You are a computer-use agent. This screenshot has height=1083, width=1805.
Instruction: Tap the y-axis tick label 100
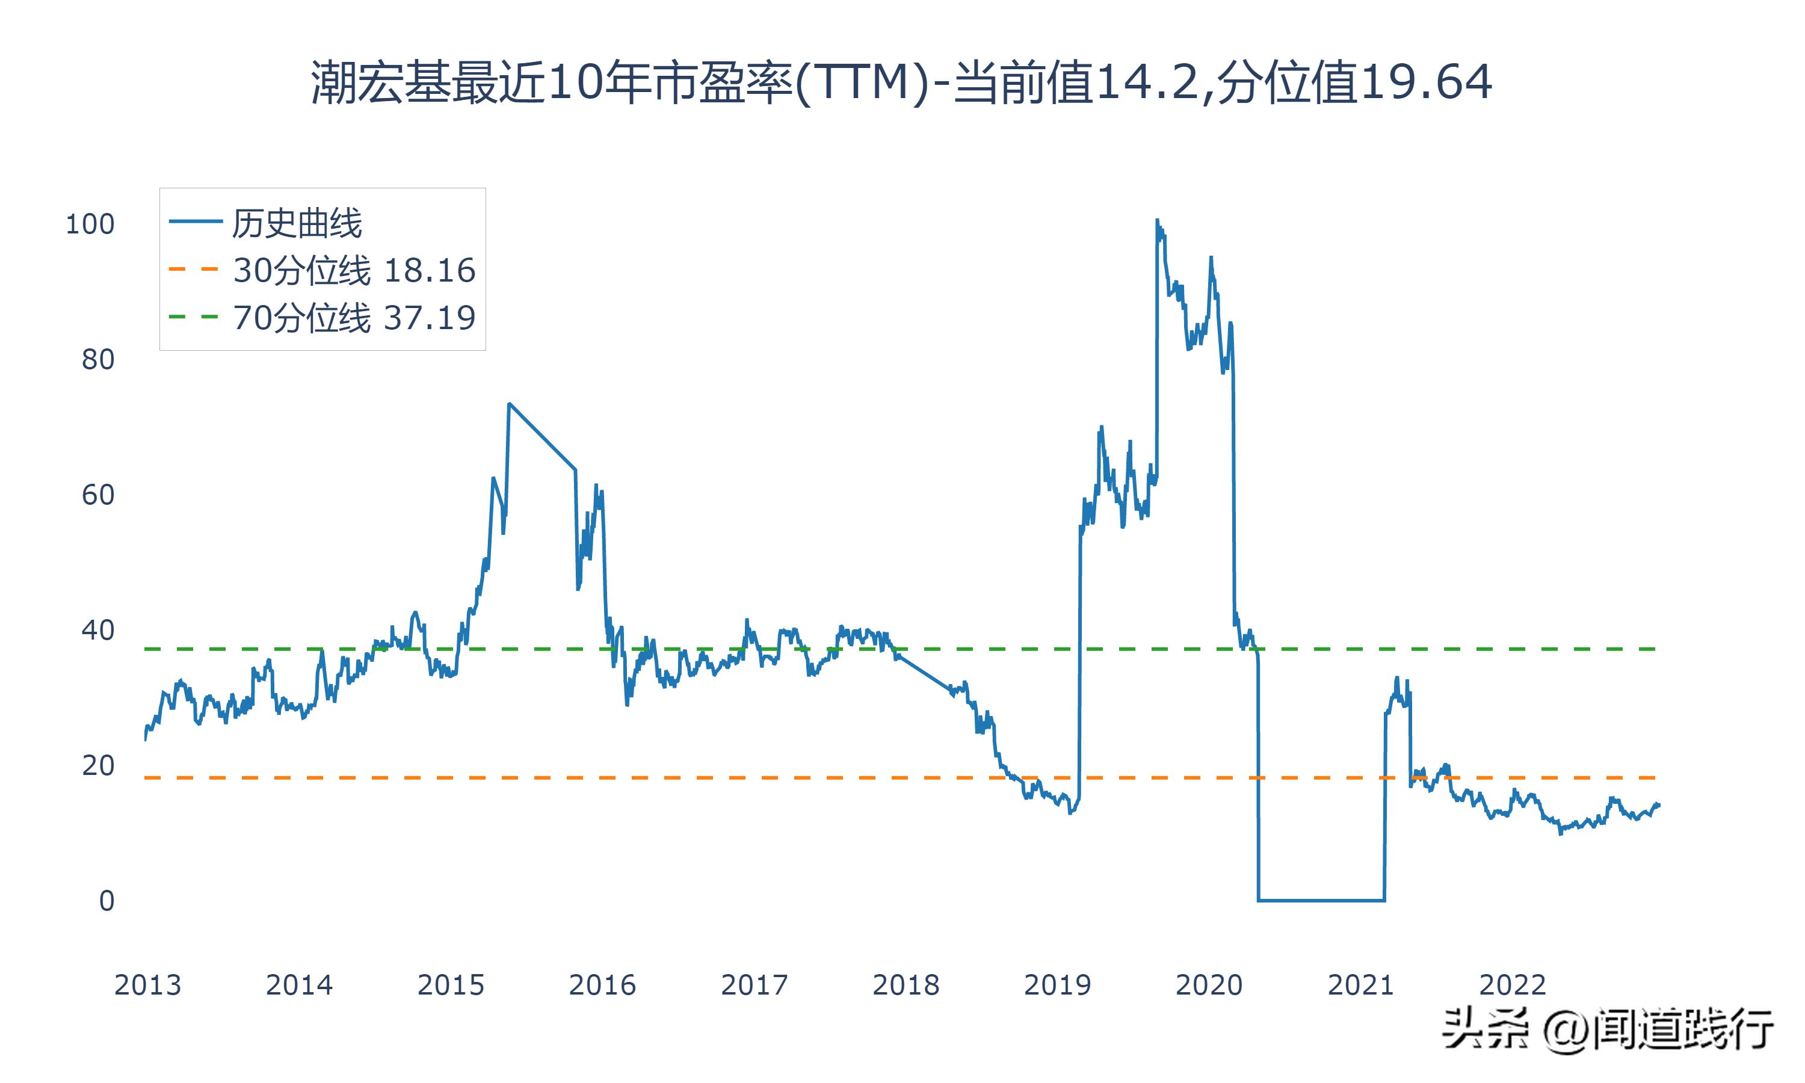(90, 224)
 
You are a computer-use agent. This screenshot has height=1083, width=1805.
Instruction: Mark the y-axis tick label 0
(107, 901)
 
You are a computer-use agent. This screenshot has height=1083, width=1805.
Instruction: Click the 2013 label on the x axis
(147, 985)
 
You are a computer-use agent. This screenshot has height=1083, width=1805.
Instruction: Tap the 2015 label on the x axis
(451, 985)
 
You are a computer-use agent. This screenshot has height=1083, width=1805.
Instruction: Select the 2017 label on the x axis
(754, 985)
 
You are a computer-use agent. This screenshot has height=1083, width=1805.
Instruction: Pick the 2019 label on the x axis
(1057, 985)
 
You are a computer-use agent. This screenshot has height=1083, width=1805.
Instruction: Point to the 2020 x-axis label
(1209, 985)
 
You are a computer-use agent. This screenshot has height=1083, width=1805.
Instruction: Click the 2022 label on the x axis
(1513, 985)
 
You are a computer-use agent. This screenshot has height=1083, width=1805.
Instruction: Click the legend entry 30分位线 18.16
(354, 270)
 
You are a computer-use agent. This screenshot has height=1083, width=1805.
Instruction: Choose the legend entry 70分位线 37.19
(354, 318)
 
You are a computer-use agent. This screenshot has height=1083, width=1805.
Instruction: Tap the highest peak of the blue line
(1157, 220)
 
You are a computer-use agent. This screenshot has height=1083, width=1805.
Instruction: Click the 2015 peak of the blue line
(509, 404)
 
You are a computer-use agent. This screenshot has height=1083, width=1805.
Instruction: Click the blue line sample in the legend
(195, 222)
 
